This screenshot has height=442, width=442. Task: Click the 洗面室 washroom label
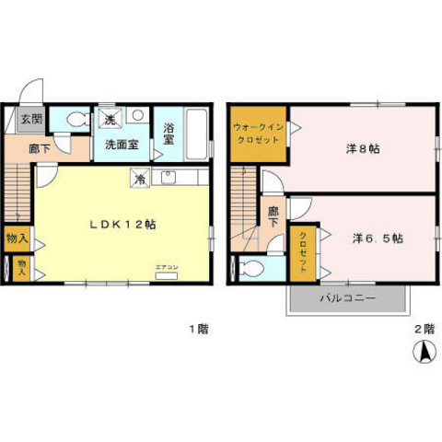click(120, 145)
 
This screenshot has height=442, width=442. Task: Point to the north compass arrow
click(425, 351)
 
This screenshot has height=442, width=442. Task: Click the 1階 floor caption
click(196, 328)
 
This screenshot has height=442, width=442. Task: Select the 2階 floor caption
click(422, 328)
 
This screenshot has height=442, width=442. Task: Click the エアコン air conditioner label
click(167, 267)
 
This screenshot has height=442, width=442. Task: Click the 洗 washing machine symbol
click(109, 119)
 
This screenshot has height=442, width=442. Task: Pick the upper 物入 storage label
click(16, 238)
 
